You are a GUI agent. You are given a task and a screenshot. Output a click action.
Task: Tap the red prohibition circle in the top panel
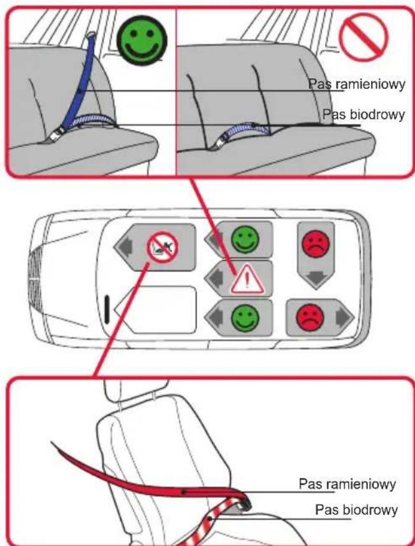tap(364, 37)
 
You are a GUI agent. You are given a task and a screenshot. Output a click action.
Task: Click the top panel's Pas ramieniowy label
tap(357, 84)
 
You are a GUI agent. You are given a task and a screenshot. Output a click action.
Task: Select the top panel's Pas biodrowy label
tap(364, 114)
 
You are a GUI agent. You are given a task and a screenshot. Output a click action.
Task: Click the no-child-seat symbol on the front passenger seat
tap(163, 248)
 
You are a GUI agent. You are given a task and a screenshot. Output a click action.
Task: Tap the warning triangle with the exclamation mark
tap(247, 279)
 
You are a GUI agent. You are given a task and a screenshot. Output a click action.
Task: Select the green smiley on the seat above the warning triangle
tap(245, 239)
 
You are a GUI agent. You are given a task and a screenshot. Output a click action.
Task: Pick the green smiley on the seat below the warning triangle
tap(245, 318)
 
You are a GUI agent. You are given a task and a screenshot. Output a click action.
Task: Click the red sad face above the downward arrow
tap(316, 244)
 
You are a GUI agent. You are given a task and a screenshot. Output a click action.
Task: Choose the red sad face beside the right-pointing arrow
tap(310, 317)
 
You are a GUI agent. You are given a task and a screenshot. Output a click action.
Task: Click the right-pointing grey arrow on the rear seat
tap(344, 317)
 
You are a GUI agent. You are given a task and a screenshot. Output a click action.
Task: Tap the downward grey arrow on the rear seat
tap(316, 278)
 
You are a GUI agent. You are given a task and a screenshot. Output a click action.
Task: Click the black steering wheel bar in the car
tap(107, 308)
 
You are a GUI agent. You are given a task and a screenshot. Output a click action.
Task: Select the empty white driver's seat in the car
tap(156, 310)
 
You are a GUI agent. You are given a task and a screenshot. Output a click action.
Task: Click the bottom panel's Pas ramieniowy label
tap(347, 484)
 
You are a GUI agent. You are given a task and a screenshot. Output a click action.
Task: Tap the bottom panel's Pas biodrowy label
tap(356, 510)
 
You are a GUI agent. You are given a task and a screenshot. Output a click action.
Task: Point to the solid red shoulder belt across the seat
tap(150, 477)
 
